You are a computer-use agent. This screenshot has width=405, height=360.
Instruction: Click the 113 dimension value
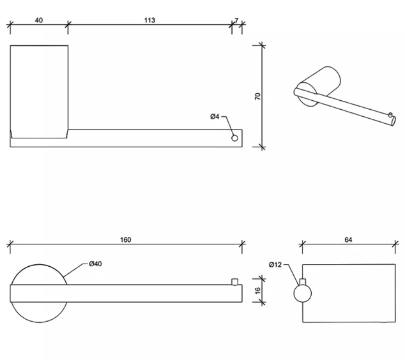coord(149,20)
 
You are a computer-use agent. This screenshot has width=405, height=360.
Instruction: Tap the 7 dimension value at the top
coord(236,20)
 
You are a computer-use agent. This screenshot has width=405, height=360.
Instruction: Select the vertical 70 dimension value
coord(257,96)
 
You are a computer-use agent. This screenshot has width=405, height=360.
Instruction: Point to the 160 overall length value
coord(126,240)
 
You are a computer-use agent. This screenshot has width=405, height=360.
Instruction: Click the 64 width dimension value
coord(348,240)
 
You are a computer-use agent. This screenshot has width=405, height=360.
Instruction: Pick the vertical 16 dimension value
coord(257,290)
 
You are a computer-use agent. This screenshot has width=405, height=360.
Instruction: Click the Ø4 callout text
coord(215,117)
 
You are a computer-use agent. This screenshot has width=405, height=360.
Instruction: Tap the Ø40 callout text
coord(95,264)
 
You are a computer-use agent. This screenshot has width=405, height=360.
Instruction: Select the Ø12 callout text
coord(275,264)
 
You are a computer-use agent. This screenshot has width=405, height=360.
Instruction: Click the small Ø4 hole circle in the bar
coord(234,138)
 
